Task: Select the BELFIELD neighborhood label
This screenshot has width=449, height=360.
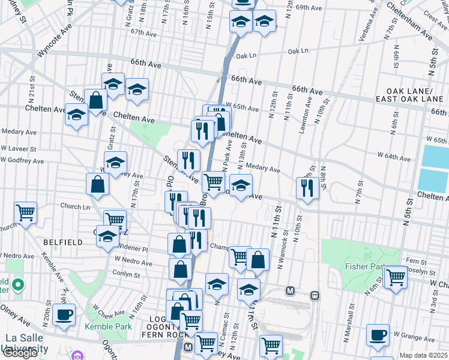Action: [62, 242]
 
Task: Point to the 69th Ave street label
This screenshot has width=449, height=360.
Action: [310, 8]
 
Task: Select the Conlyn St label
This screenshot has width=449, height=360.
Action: [127, 274]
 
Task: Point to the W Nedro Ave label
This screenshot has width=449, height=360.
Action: [133, 260]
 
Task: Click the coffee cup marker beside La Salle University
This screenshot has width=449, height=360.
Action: [64, 314]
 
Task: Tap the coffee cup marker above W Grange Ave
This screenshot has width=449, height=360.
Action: [378, 335]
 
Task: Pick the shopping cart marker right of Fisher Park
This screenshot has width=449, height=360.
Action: [396, 277]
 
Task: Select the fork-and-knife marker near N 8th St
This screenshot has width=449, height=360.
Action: [307, 187]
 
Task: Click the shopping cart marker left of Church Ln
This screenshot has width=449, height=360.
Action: [25, 212]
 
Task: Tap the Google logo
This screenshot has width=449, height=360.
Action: [20, 353]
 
